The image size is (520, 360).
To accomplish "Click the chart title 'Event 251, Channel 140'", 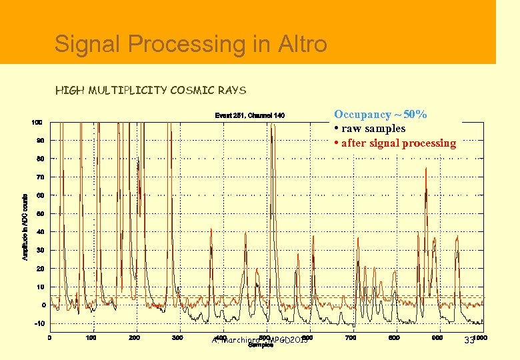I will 249,115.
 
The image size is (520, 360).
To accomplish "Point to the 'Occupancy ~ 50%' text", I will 381,115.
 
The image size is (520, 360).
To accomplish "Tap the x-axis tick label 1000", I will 479,337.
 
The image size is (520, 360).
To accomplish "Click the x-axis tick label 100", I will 92,337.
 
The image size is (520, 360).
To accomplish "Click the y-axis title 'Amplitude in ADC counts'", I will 25,227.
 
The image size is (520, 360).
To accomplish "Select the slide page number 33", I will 469,341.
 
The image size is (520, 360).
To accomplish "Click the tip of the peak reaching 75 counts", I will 426,168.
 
